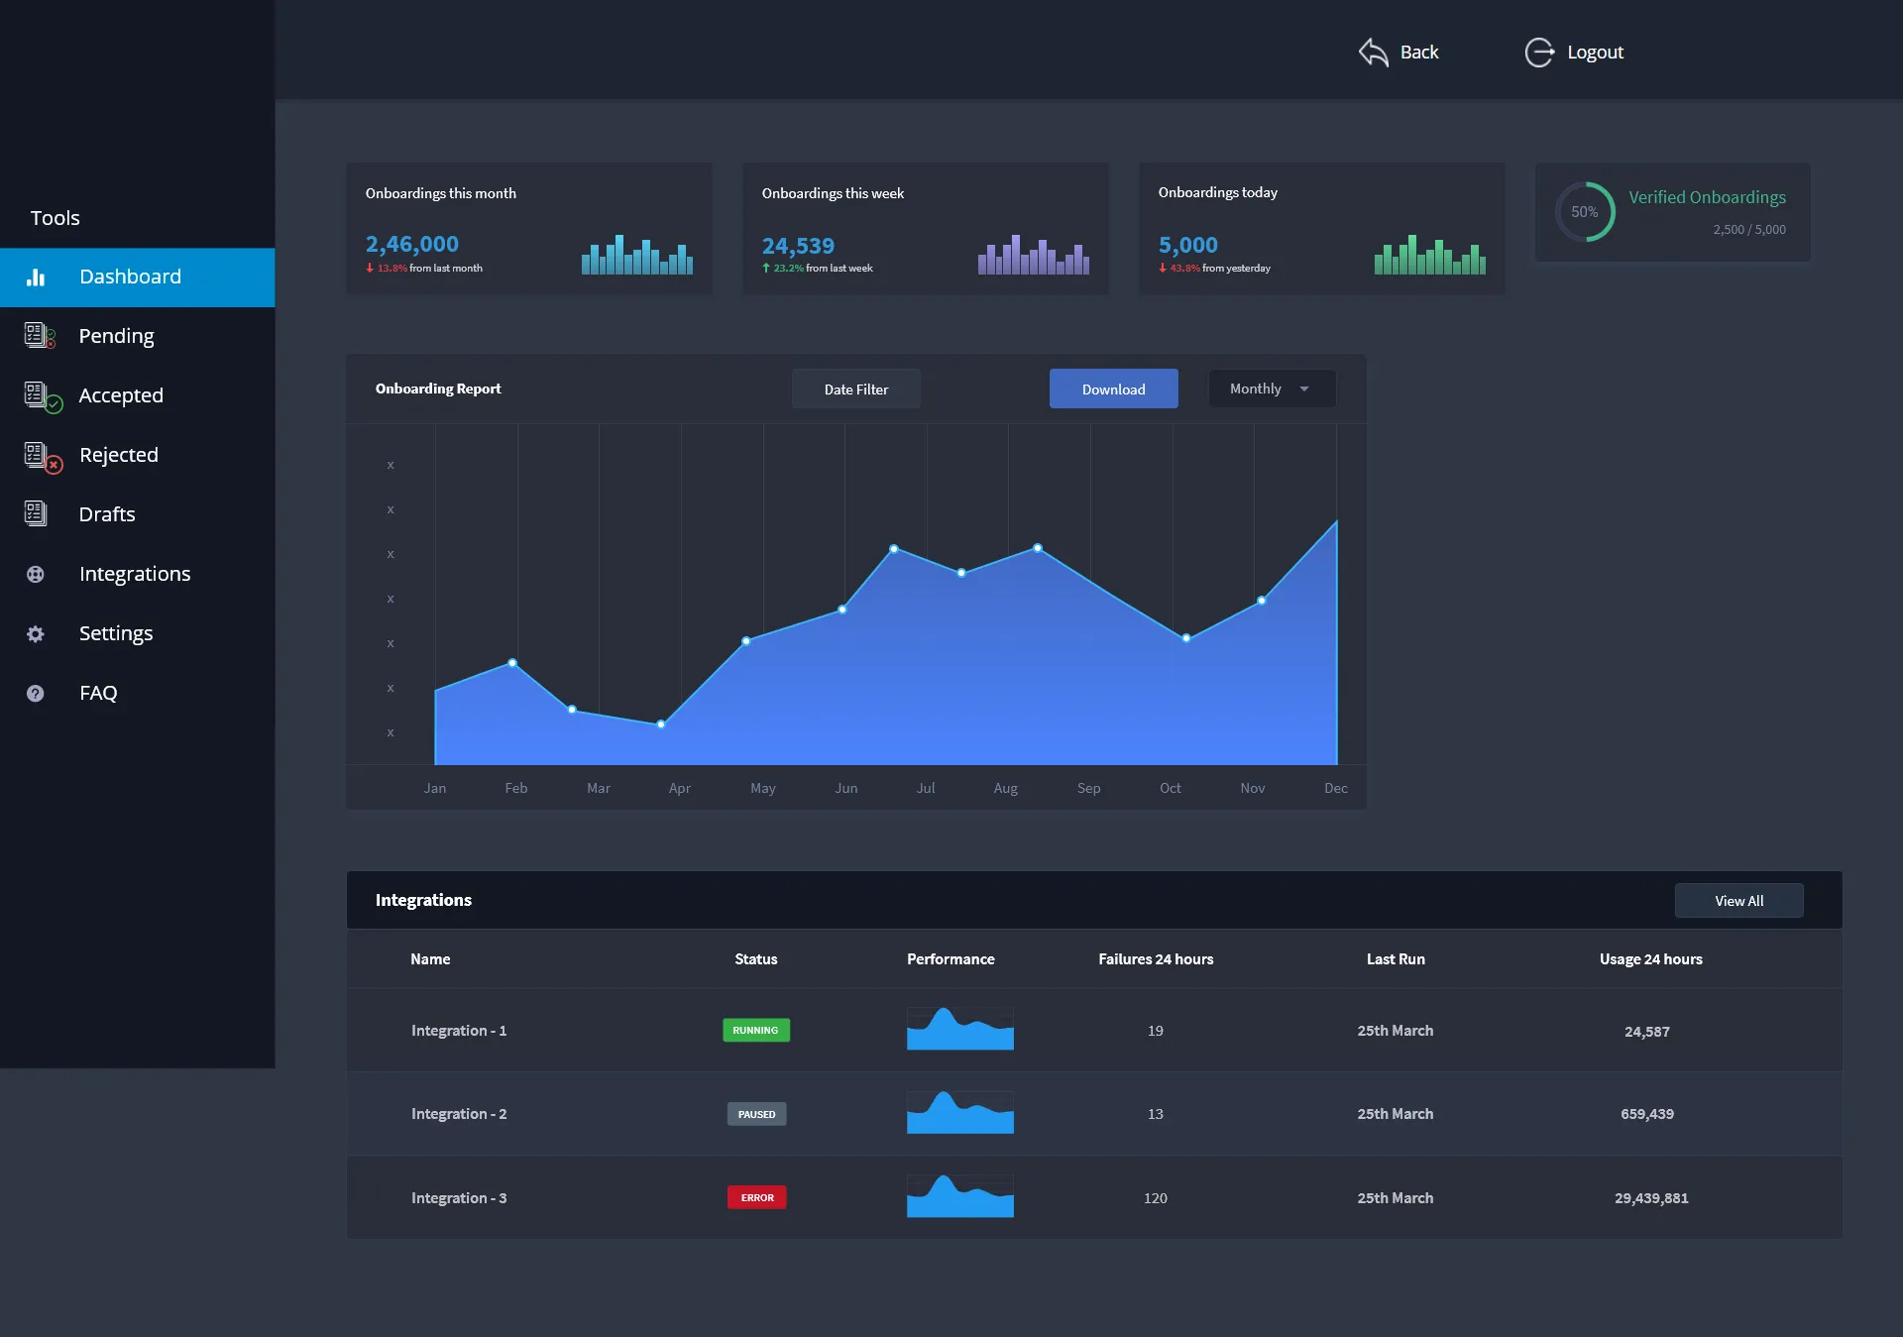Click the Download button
[1113, 390]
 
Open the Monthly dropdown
[1271, 390]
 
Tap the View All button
[1738, 901]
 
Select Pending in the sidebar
[116, 336]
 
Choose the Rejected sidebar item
[118, 455]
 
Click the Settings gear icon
[36, 634]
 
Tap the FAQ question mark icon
[36, 694]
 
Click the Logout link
[1594, 53]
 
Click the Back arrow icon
[1374, 53]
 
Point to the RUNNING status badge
[755, 1031]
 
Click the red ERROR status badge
[757, 1198]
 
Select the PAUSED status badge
[756, 1115]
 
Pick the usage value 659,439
[1646, 1114]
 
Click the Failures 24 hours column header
[1156, 959]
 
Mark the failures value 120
[1155, 1198]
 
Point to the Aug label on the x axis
[1005, 789]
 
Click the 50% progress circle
[1584, 212]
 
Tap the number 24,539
[798, 246]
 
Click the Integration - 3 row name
[459, 1198]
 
